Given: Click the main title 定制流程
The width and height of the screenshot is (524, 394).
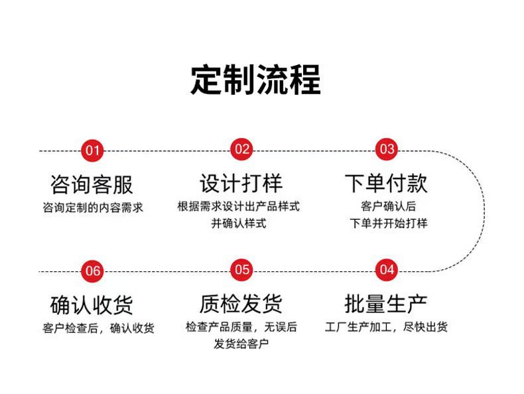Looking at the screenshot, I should pyautogui.click(x=256, y=81).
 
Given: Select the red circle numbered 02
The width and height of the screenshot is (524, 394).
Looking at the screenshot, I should pyautogui.click(x=242, y=150).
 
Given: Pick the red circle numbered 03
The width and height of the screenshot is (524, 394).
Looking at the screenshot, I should pyautogui.click(x=387, y=150).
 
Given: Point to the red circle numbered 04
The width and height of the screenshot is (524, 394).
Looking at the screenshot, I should pyautogui.click(x=387, y=270).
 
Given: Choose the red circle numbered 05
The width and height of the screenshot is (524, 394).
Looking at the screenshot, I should pyautogui.click(x=242, y=270).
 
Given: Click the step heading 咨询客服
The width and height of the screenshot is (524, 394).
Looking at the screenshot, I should pyautogui.click(x=92, y=184).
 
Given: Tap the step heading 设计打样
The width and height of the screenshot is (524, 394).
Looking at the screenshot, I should pyautogui.click(x=241, y=183).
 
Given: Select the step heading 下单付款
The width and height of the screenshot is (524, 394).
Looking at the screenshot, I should pyautogui.click(x=386, y=183).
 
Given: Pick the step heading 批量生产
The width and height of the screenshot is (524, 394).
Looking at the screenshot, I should pyautogui.click(x=386, y=304).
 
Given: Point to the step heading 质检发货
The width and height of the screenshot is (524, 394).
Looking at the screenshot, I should pyautogui.click(x=241, y=304).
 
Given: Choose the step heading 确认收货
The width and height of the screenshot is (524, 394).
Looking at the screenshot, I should pyautogui.click(x=92, y=304).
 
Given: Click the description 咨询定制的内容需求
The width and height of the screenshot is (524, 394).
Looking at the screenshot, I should pyautogui.click(x=92, y=208).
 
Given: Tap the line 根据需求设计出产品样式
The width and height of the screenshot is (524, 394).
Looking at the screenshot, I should pyautogui.click(x=239, y=206).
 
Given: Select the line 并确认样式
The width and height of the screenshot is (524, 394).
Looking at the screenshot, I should pyautogui.click(x=239, y=224).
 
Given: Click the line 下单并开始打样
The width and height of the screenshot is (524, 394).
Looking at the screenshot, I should pyautogui.click(x=389, y=224).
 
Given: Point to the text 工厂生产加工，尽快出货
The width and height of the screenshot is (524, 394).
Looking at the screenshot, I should pyautogui.click(x=387, y=327).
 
